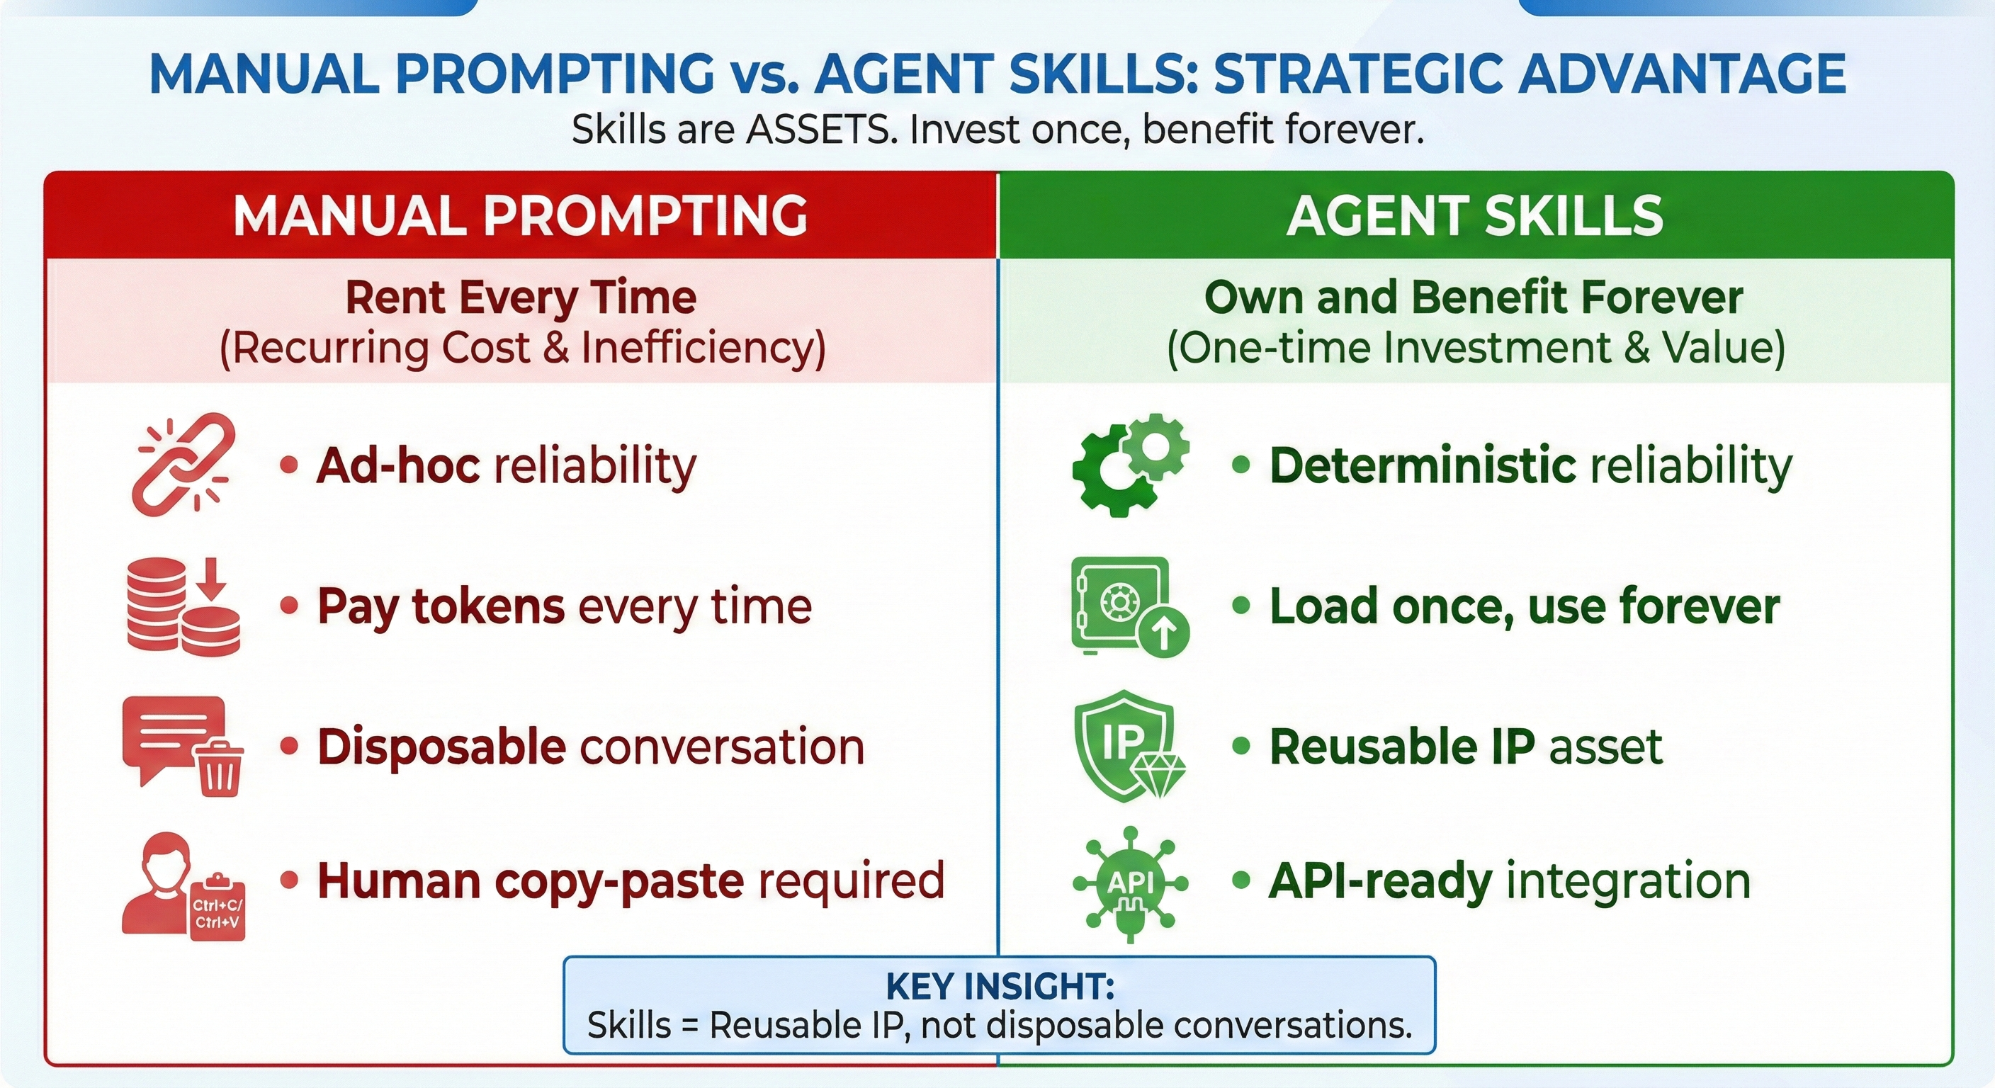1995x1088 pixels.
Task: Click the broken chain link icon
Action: click(183, 465)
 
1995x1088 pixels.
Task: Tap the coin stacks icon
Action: click(183, 606)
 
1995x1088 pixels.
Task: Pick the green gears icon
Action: click(1130, 465)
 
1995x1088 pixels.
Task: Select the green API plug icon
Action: click(1130, 882)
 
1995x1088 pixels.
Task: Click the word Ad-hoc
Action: click(397, 466)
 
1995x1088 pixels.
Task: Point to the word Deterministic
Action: click(1422, 466)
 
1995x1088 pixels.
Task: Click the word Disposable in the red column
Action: click(441, 747)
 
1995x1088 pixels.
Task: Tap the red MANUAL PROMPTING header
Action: click(521, 215)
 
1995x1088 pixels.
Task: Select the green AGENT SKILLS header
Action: click(1474, 215)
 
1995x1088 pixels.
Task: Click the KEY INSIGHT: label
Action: click(999, 987)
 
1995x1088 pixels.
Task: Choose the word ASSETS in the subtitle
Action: click(820, 130)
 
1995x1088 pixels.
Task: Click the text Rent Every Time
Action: click(521, 298)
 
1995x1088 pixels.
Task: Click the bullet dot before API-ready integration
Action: click(1240, 880)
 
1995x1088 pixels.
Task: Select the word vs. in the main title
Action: click(763, 74)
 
